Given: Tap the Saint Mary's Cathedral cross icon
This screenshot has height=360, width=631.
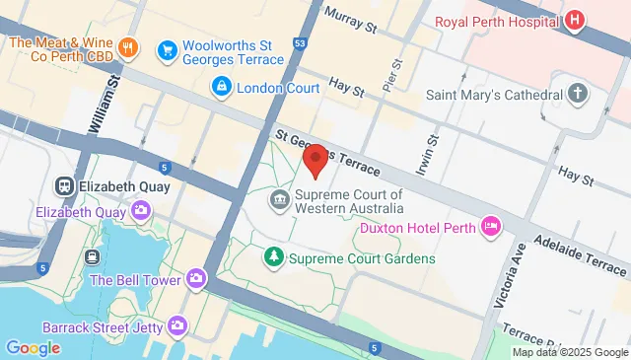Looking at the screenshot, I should (x=577, y=96).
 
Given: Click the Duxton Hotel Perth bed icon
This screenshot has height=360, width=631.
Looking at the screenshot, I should (x=490, y=228).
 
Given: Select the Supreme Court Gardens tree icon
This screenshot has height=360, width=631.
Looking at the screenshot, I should (x=273, y=258).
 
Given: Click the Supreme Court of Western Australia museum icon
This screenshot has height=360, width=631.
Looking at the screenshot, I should (x=279, y=202).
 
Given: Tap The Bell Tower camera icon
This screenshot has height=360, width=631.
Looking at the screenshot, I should (x=196, y=279).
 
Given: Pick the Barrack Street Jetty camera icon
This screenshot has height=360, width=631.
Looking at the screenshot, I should (x=177, y=324).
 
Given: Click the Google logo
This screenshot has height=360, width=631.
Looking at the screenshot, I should (x=33, y=347).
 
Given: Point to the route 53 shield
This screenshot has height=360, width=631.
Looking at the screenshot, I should (x=300, y=43).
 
